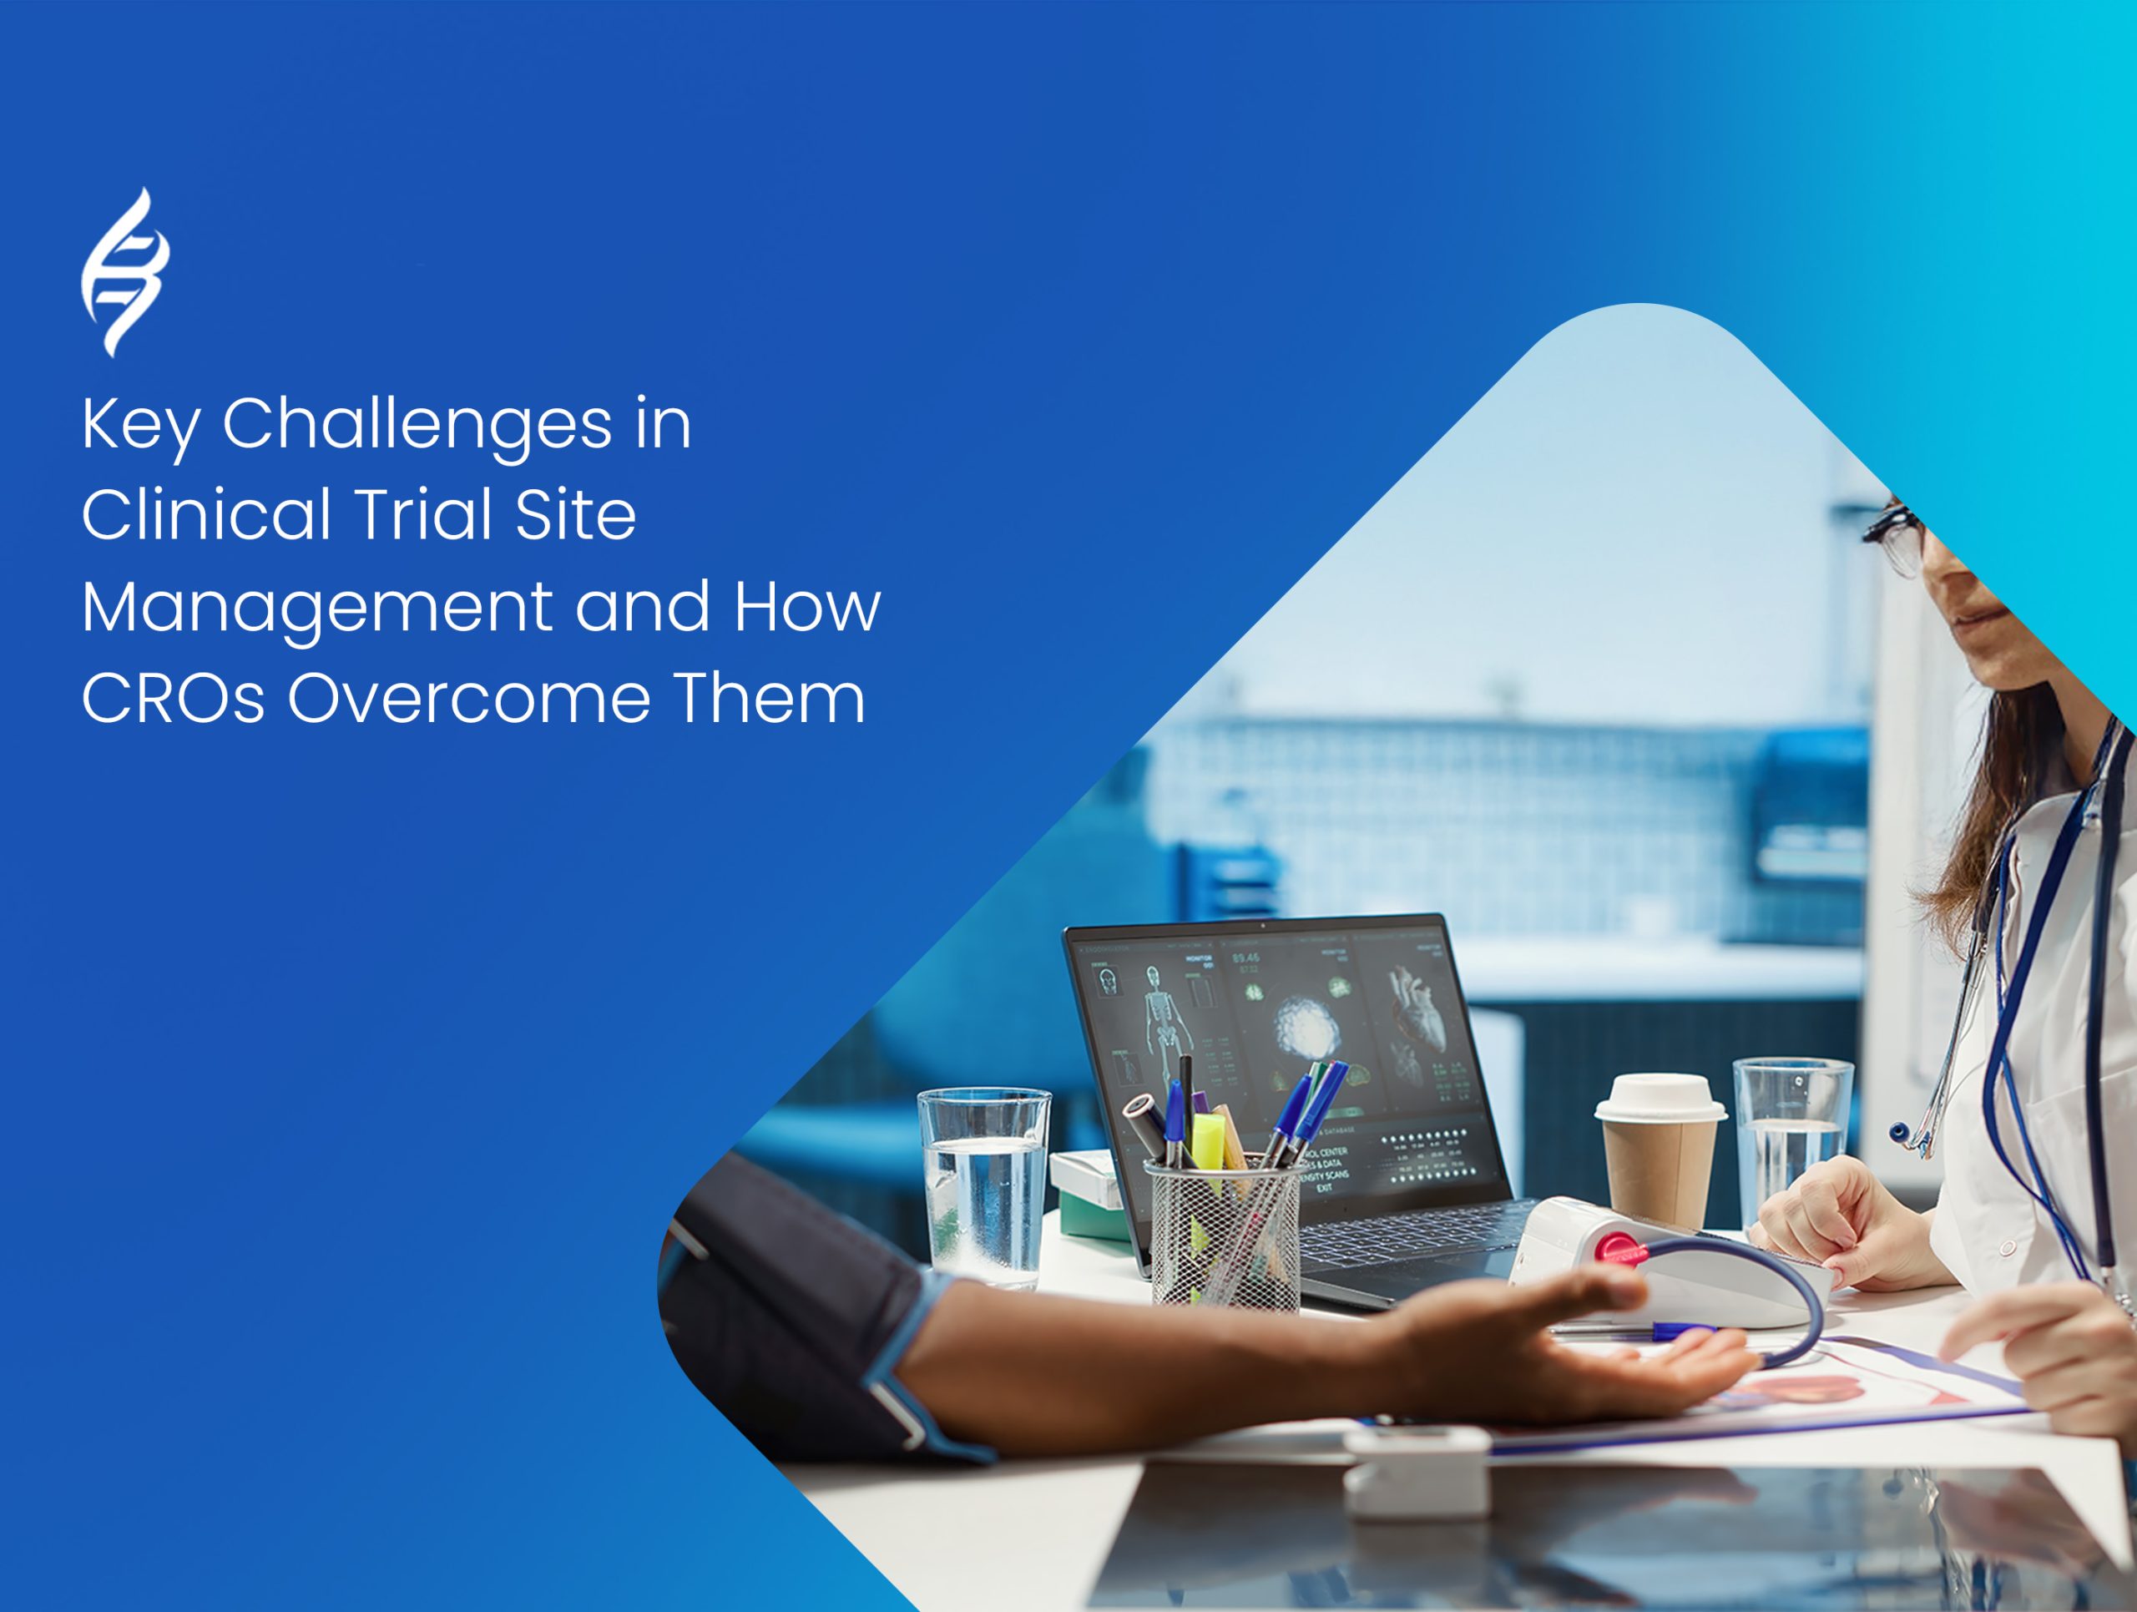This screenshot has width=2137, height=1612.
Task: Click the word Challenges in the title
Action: pyautogui.click(x=417, y=424)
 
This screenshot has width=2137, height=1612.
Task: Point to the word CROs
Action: pyautogui.click(x=173, y=698)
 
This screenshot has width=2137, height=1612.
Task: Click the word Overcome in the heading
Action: pyautogui.click(x=467, y=698)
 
